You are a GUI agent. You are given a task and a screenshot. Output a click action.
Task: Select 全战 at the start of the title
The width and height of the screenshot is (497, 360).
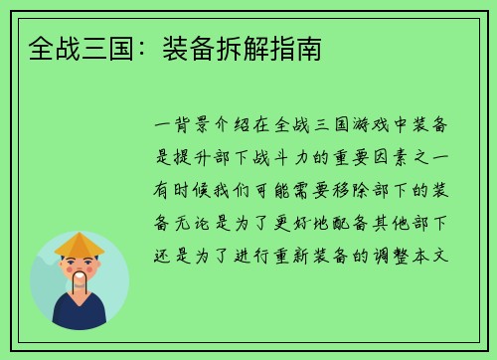[x=44, y=47]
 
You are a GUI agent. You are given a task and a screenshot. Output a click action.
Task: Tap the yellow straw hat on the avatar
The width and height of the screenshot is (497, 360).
[x=80, y=244]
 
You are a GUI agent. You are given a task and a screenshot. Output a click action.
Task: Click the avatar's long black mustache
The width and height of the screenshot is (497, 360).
[x=83, y=283]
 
